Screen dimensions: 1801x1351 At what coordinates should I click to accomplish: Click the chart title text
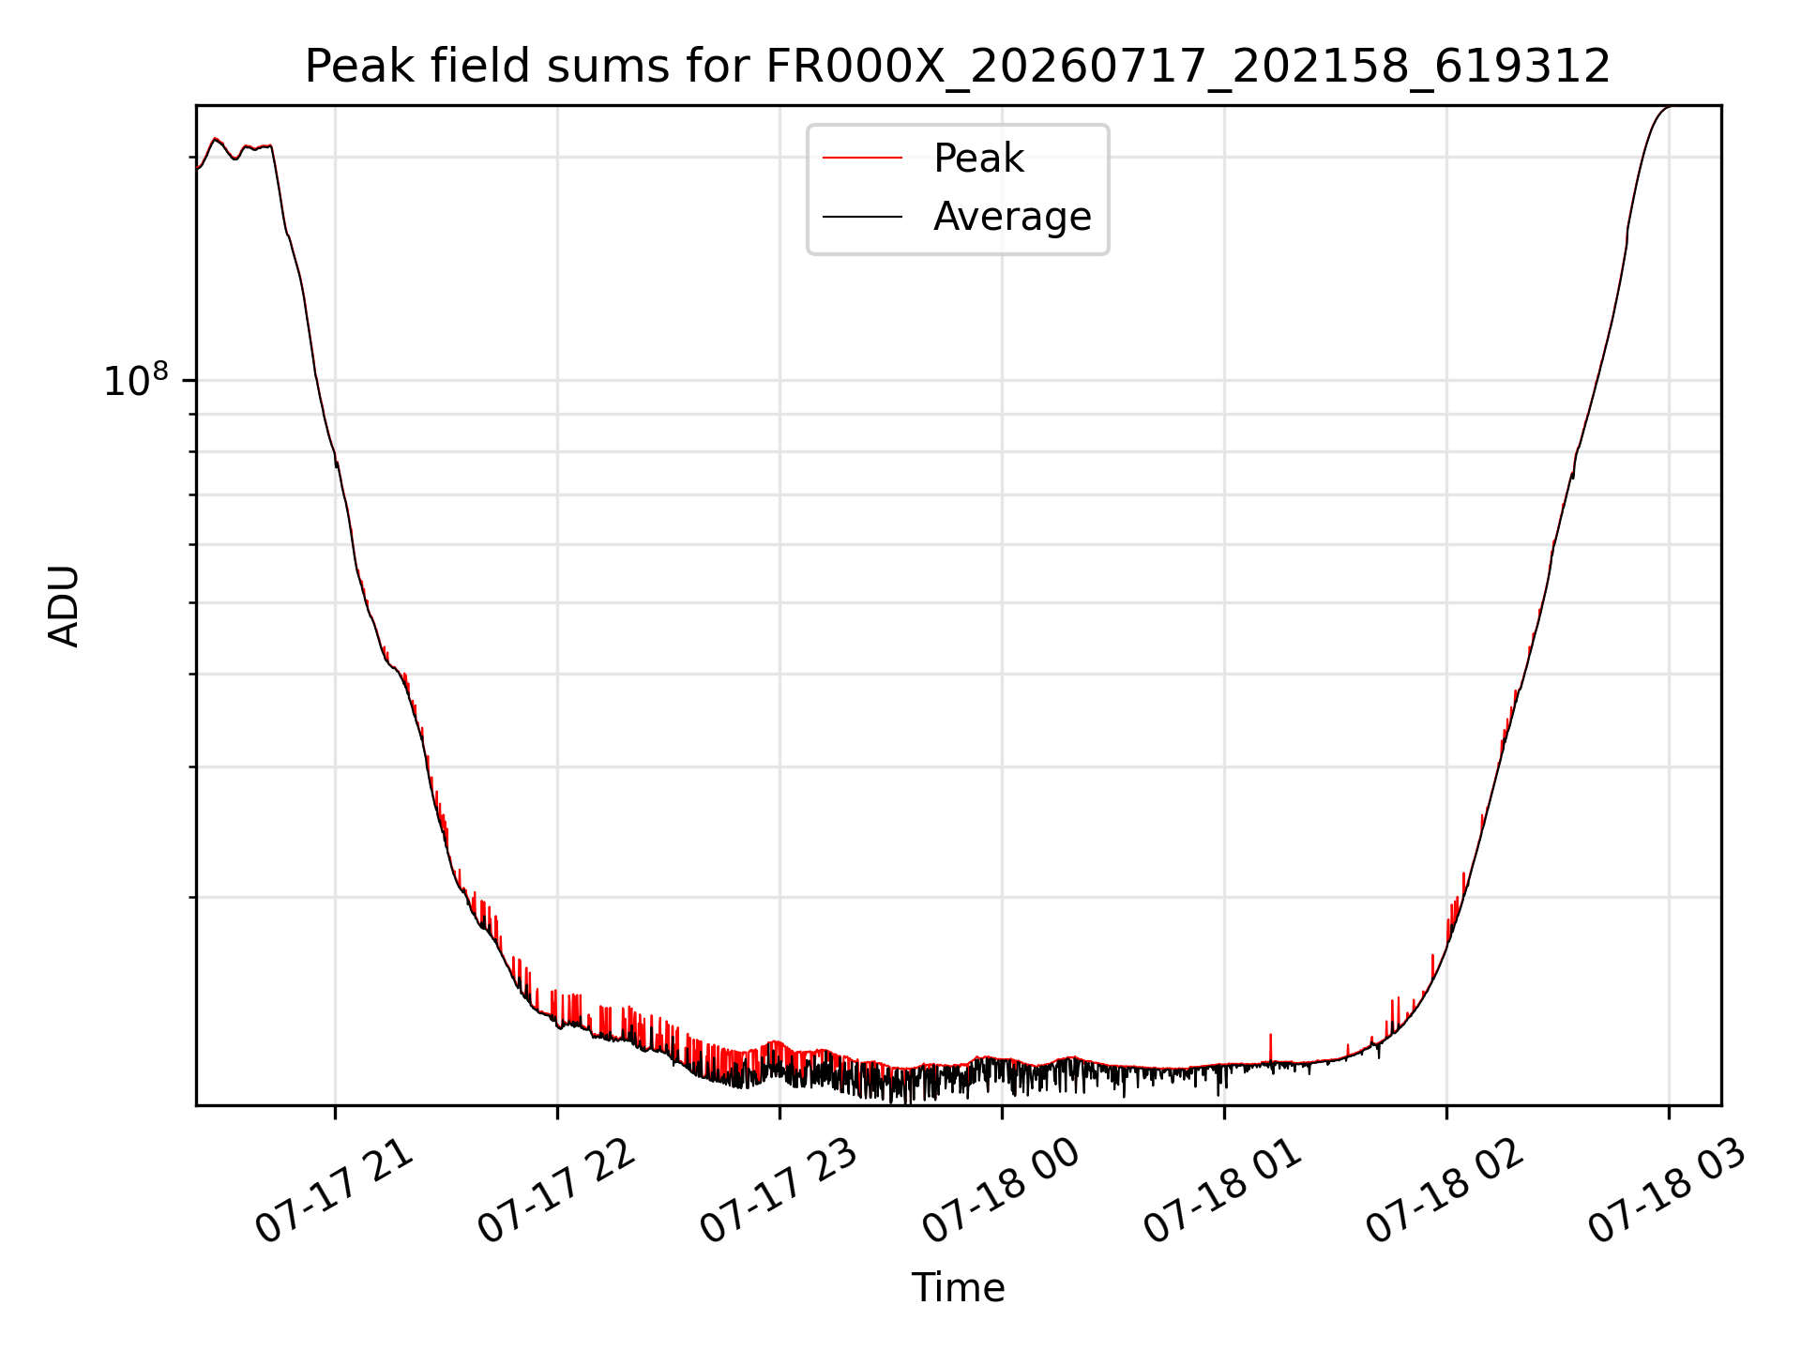[958, 68]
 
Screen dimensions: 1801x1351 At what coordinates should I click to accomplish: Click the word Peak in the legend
[978, 159]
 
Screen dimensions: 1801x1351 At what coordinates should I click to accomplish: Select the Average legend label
[1012, 217]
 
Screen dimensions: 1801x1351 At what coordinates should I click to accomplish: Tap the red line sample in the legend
[862, 159]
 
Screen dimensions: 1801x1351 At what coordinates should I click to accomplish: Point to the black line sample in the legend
[862, 217]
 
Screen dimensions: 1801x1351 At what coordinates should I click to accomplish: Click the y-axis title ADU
[64, 606]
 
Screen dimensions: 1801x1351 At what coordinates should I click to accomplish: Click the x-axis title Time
[958, 1288]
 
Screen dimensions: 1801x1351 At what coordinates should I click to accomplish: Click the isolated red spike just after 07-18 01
[1271, 1047]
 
